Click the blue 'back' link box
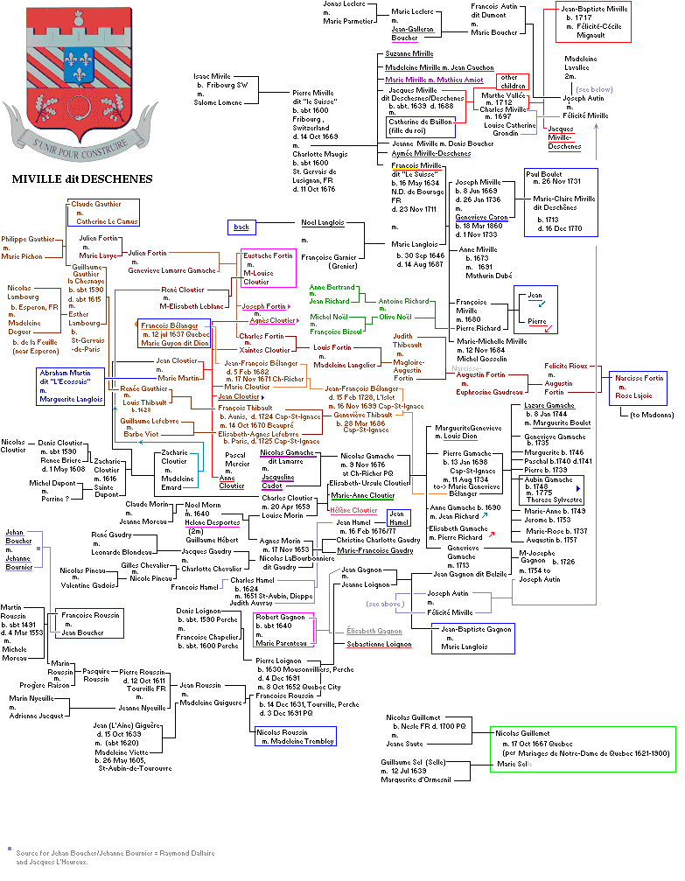[241, 227]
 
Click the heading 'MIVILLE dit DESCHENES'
[82, 179]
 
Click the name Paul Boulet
[546, 173]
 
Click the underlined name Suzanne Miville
[409, 54]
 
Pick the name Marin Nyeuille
[31, 697]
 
